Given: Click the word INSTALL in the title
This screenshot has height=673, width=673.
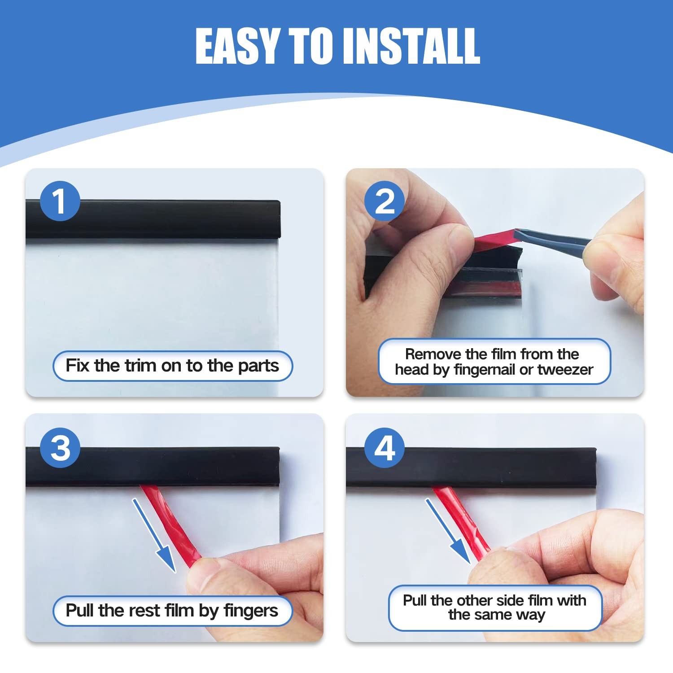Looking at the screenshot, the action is tap(412, 46).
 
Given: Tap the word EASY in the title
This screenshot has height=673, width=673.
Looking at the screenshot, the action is tap(237, 46).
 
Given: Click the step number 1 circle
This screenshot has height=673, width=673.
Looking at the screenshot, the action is tap(60, 201).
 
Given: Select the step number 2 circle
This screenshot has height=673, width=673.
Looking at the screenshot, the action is tap(385, 201).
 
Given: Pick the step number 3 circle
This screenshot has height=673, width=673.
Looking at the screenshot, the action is tap(60, 448).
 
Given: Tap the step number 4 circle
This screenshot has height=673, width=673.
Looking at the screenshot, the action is tap(385, 448).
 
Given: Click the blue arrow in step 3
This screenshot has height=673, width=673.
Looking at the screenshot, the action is tap(154, 535).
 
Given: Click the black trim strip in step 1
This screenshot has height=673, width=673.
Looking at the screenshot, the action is tap(153, 219).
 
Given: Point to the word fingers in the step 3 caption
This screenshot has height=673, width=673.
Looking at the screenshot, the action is tap(251, 611).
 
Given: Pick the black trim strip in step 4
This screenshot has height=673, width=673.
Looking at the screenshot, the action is tap(471, 467).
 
